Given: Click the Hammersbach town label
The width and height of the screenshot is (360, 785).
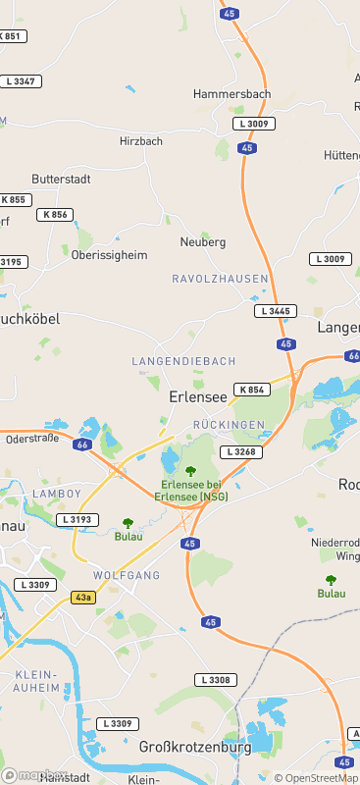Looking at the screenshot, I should point(231,94).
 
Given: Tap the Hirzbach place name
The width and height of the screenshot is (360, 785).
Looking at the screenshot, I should point(140,141).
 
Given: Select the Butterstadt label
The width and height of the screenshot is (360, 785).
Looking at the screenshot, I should point(61,180).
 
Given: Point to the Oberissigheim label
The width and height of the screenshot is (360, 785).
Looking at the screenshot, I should point(110,254).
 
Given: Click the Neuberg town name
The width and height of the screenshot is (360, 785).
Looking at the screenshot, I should point(203,241).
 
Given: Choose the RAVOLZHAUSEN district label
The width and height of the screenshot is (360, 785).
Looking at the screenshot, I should point(220,279).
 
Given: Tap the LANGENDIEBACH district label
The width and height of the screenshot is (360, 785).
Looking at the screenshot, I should point(181,362).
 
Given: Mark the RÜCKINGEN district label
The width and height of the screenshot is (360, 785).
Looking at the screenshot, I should point(230,424).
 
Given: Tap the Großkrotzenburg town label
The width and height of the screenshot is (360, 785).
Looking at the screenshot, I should point(195,747).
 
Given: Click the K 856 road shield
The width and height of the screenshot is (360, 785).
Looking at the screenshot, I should point(55,214).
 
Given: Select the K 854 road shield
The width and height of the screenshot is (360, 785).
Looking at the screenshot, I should point(252,390).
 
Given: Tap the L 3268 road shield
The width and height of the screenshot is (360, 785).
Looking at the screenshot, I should point(240,452).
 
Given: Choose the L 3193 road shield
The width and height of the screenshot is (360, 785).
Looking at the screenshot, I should point(77,519).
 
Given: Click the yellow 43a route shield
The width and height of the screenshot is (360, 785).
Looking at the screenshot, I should point(83,597).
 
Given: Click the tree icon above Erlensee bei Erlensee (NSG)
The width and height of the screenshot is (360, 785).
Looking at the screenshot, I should point(190,472).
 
